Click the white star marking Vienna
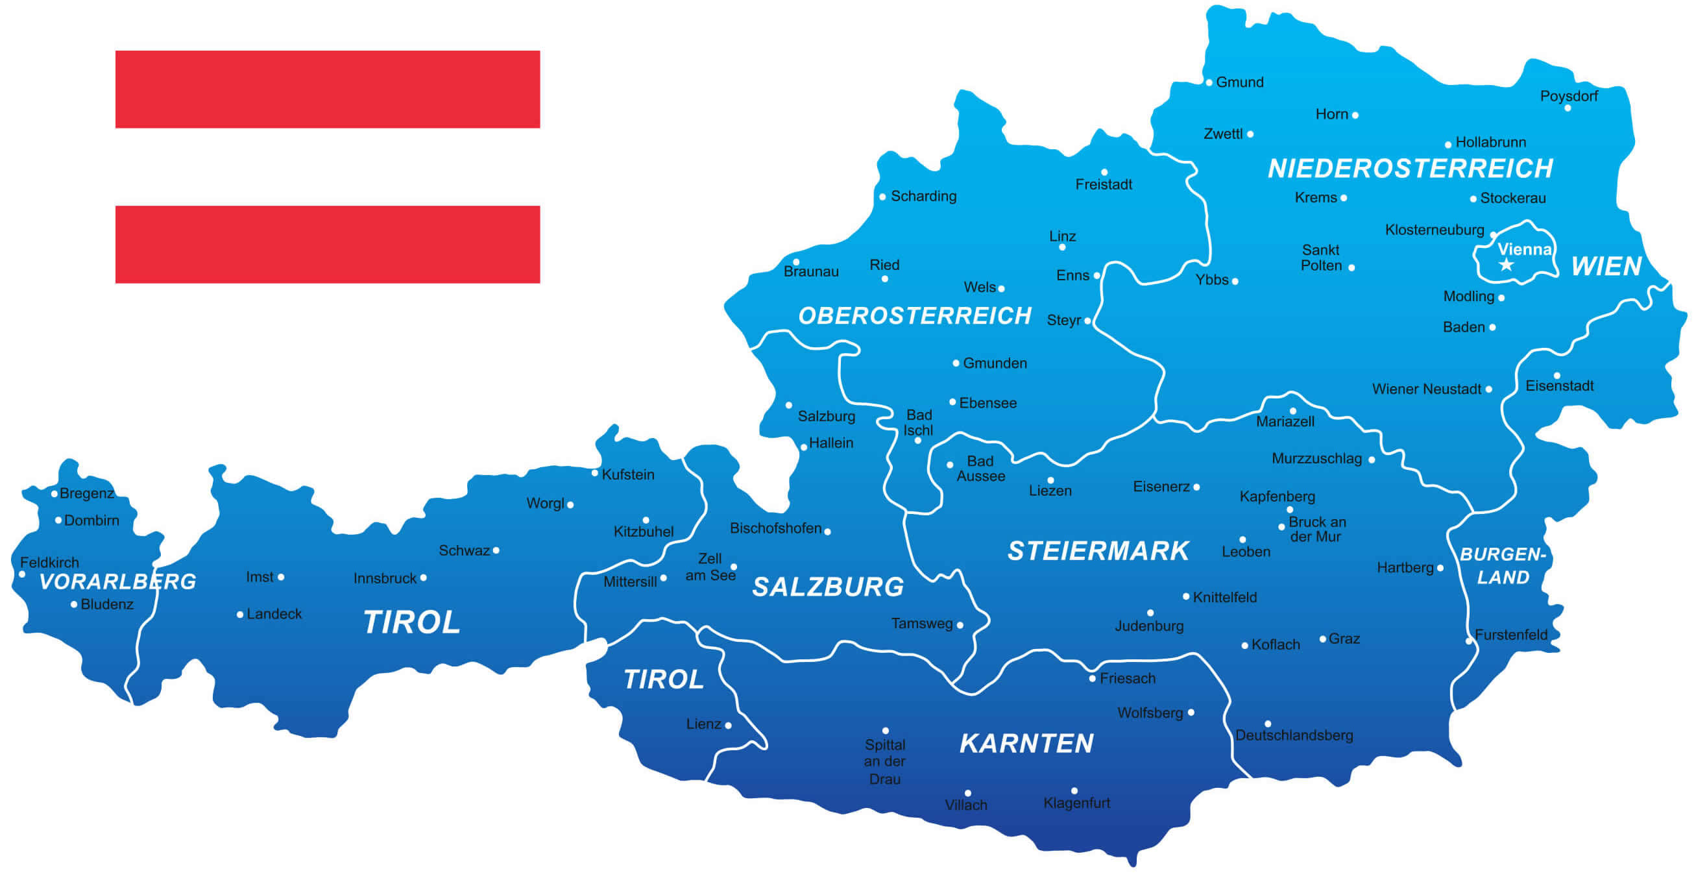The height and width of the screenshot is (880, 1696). [1507, 265]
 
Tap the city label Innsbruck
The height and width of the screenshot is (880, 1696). [385, 578]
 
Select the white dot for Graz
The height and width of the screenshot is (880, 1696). [1323, 639]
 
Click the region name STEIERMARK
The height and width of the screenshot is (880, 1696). [1098, 552]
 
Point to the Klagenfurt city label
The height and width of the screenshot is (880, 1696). [1076, 803]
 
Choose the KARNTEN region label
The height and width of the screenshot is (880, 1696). [1026, 744]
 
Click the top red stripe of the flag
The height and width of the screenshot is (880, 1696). [327, 89]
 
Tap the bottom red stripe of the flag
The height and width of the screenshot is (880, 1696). [327, 245]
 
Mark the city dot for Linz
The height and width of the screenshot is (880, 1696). [1062, 248]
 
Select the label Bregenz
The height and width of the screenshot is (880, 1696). [86, 493]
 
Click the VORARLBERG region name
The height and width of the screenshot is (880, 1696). [118, 581]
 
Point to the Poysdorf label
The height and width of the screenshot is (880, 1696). [1569, 96]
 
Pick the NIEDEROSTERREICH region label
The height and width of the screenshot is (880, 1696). [1411, 169]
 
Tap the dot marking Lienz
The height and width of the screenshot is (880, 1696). [728, 725]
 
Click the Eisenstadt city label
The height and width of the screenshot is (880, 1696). [1559, 386]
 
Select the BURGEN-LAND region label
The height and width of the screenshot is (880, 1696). [1503, 566]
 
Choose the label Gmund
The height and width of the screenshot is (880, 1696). [1239, 82]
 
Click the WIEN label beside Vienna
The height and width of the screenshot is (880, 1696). [1606, 267]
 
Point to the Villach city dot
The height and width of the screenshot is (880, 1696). [968, 793]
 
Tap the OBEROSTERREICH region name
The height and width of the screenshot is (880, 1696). [914, 316]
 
